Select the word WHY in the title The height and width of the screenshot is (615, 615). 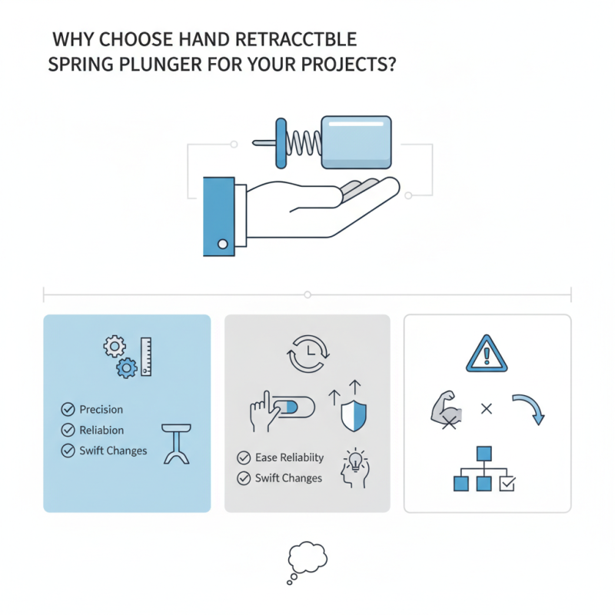[68, 39]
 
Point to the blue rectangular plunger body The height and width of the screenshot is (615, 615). [357, 141]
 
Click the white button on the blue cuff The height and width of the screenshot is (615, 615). [223, 244]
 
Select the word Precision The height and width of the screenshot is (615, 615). [101, 410]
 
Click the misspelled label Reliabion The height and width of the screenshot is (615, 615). [101, 430]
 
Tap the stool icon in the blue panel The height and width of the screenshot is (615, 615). [178, 444]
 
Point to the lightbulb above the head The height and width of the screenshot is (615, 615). [356, 459]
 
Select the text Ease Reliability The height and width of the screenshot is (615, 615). [289, 457]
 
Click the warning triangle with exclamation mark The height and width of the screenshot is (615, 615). [487, 354]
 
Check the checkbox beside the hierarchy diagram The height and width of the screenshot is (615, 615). [507, 484]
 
